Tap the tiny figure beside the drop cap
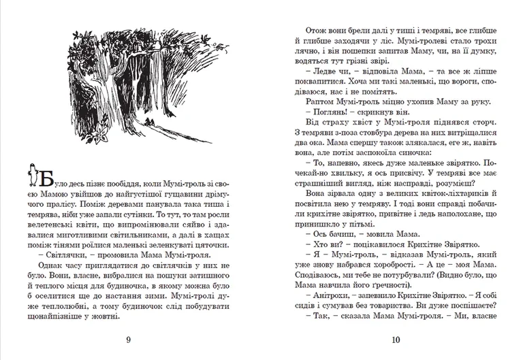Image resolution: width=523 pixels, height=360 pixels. [x=31, y=175]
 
